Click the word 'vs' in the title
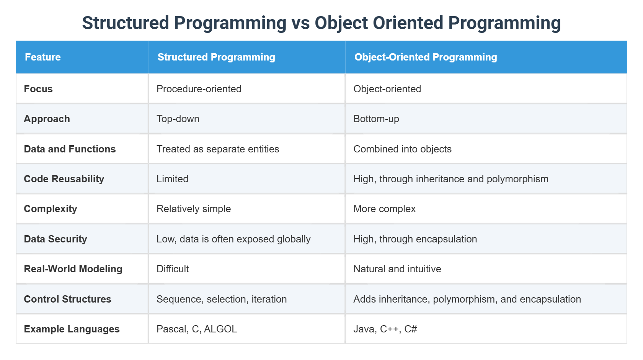300,23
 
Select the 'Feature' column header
43,57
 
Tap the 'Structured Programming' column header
216,57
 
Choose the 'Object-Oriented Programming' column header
426,57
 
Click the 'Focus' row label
38,89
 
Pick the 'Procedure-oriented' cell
199,89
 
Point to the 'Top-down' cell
178,119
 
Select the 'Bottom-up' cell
376,119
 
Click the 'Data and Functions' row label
70,149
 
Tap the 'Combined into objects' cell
402,149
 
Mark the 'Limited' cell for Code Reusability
172,179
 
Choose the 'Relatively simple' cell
194,209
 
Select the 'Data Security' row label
55,239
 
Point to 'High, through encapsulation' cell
415,239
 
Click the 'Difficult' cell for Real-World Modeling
173,269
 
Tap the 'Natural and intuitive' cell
397,269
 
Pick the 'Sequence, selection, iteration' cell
222,299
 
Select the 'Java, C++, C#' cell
385,329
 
